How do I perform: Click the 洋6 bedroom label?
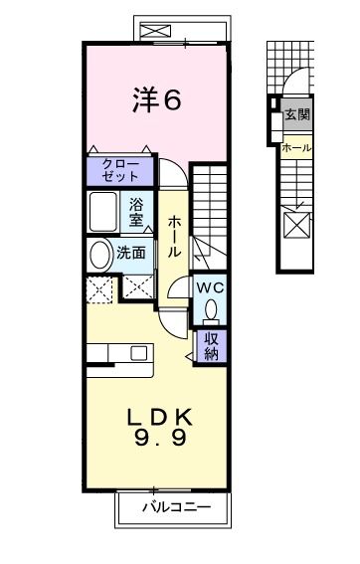(157, 99)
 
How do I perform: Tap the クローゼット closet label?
(120, 170)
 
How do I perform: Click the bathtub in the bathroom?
(105, 211)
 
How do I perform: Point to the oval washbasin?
(101, 255)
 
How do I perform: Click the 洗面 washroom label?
(131, 253)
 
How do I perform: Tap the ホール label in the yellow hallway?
(174, 238)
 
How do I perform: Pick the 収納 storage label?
(211, 345)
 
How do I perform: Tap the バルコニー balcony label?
(175, 507)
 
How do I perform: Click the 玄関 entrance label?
(296, 114)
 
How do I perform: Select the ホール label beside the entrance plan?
(296, 148)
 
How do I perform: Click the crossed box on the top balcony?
(156, 31)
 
